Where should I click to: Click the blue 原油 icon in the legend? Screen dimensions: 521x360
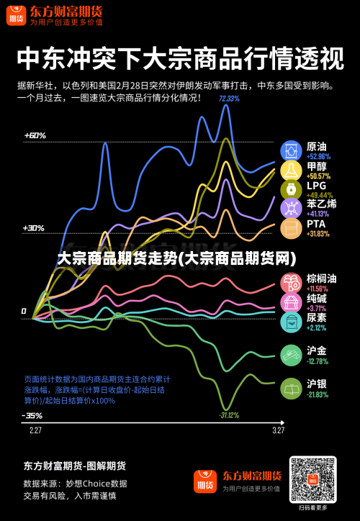pyautogui.click(x=291, y=150)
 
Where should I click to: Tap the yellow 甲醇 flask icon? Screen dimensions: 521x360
pyautogui.click(x=291, y=170)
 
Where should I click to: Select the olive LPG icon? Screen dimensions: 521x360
pyautogui.click(x=291, y=189)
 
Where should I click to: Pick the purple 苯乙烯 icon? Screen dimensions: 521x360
pyautogui.click(x=291, y=209)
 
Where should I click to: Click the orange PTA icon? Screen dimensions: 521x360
pyautogui.click(x=291, y=228)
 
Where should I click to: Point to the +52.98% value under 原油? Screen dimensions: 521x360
pyautogui.click(x=318, y=156)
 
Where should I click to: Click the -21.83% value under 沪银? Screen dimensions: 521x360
pyautogui.click(x=318, y=394)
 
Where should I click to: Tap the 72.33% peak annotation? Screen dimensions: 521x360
pyautogui.click(x=229, y=99)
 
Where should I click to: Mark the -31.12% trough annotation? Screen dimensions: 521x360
pyautogui.click(x=229, y=415)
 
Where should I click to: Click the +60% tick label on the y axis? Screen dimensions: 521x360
pyautogui.click(x=35, y=135)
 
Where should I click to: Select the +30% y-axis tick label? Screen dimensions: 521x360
pyautogui.click(x=33, y=228)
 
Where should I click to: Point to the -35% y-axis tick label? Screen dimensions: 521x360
pyautogui.click(x=32, y=415)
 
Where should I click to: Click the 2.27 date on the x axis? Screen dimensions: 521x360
pyautogui.click(x=35, y=430)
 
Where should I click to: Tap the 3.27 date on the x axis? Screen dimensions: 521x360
pyautogui.click(x=278, y=430)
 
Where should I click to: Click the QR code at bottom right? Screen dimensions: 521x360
pyautogui.click(x=312, y=479)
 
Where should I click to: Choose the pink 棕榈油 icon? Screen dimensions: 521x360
pyautogui.click(x=291, y=283)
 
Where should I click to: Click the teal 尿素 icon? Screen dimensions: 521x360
pyautogui.click(x=291, y=322)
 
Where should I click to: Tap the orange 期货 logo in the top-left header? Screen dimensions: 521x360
pyautogui.click(x=16, y=17)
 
